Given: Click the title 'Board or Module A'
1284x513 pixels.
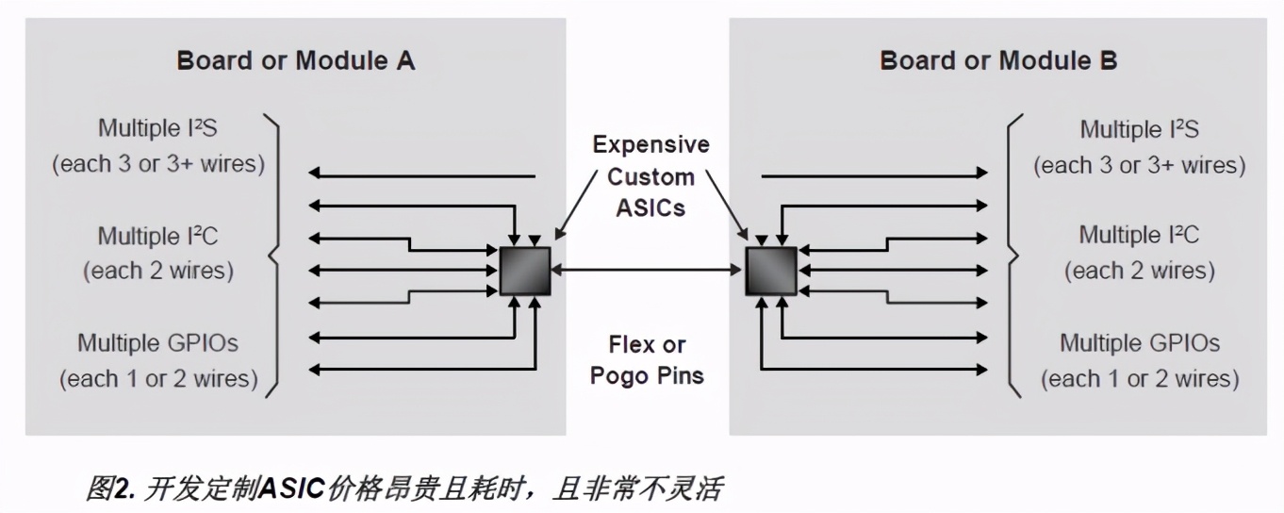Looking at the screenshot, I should point(295,62).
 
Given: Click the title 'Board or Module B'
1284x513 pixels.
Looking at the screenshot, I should point(998,62).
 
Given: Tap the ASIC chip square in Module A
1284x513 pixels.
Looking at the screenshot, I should point(524,271).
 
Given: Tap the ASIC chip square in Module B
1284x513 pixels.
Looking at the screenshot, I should point(771,271).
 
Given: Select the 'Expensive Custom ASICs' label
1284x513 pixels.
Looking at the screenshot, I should point(650,176).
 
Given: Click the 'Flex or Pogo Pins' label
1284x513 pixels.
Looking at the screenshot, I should point(647,360).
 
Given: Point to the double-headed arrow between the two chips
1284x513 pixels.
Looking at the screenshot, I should point(648,271).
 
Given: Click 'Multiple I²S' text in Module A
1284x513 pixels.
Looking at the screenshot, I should point(157,128).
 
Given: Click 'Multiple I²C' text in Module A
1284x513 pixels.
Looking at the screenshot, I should point(158,235).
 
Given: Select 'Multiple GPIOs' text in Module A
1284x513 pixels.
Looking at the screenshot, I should point(157,342).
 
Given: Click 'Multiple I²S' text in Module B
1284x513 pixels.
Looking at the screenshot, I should point(1140,129).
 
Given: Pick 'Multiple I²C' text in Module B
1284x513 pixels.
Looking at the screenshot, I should point(1140,235).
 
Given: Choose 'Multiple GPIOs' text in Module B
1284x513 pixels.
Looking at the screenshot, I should point(1140,342).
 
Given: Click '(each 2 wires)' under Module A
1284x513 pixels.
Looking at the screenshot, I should point(158,272).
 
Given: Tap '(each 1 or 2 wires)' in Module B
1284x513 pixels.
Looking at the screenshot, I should point(1140,379).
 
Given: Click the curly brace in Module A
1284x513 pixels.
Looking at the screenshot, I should point(273,254).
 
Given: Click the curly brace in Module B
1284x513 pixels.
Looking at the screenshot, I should point(1014,254).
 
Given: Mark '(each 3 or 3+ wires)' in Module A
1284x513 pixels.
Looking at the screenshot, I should point(158,164).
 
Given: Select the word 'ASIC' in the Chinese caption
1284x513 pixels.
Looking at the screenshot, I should point(291,488).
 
